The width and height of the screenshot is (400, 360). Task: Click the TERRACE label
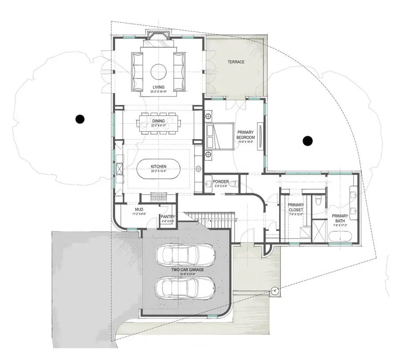236,62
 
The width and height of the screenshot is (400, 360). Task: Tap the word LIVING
158,87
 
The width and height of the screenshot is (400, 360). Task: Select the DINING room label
158,121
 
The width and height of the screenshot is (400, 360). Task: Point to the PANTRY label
168,217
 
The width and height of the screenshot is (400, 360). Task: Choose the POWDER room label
221,182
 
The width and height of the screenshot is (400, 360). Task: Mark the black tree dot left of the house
80,119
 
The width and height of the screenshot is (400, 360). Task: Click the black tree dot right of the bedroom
307,141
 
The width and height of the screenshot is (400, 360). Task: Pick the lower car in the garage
186,287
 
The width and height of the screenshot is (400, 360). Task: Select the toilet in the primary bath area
317,202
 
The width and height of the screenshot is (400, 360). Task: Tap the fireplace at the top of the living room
158,38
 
